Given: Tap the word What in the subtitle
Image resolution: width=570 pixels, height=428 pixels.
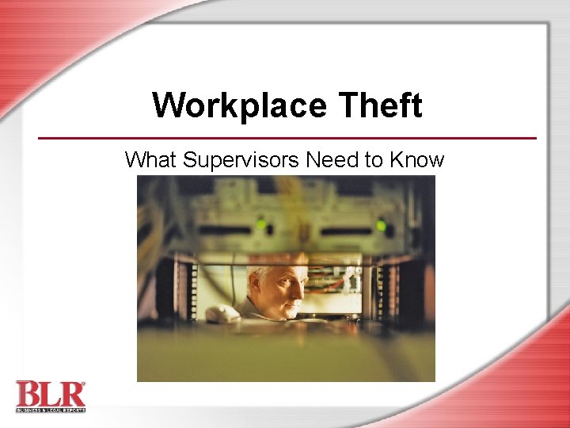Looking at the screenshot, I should coord(151,160).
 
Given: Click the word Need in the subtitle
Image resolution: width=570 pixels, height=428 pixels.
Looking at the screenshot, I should coord(332,160).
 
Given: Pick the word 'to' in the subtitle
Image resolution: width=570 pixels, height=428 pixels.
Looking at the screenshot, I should coord(374,160).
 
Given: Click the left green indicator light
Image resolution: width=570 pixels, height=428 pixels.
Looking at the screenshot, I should coord(260,225).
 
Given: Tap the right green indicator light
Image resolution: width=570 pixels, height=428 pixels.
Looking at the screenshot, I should coord(381,226).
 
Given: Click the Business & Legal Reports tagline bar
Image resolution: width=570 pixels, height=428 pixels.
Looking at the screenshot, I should coord(49,408).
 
